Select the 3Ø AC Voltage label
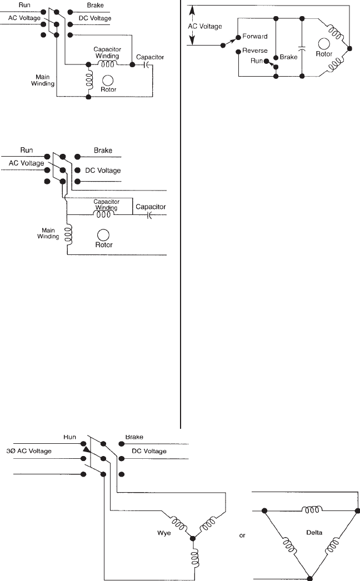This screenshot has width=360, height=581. point(29,451)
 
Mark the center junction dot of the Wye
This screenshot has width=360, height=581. point(193,538)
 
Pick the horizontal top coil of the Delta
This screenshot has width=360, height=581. point(309,509)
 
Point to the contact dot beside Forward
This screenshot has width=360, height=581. point(237,37)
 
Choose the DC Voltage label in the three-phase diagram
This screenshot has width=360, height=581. point(149,451)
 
